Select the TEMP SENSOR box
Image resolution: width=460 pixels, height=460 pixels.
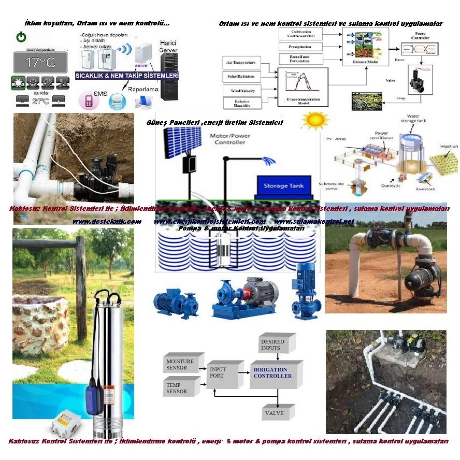click(x=181, y=387)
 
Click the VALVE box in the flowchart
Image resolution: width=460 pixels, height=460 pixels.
click(x=274, y=413)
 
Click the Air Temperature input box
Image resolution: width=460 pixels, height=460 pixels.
click(x=242, y=62)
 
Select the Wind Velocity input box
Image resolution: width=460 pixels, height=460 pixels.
click(x=242, y=90)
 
